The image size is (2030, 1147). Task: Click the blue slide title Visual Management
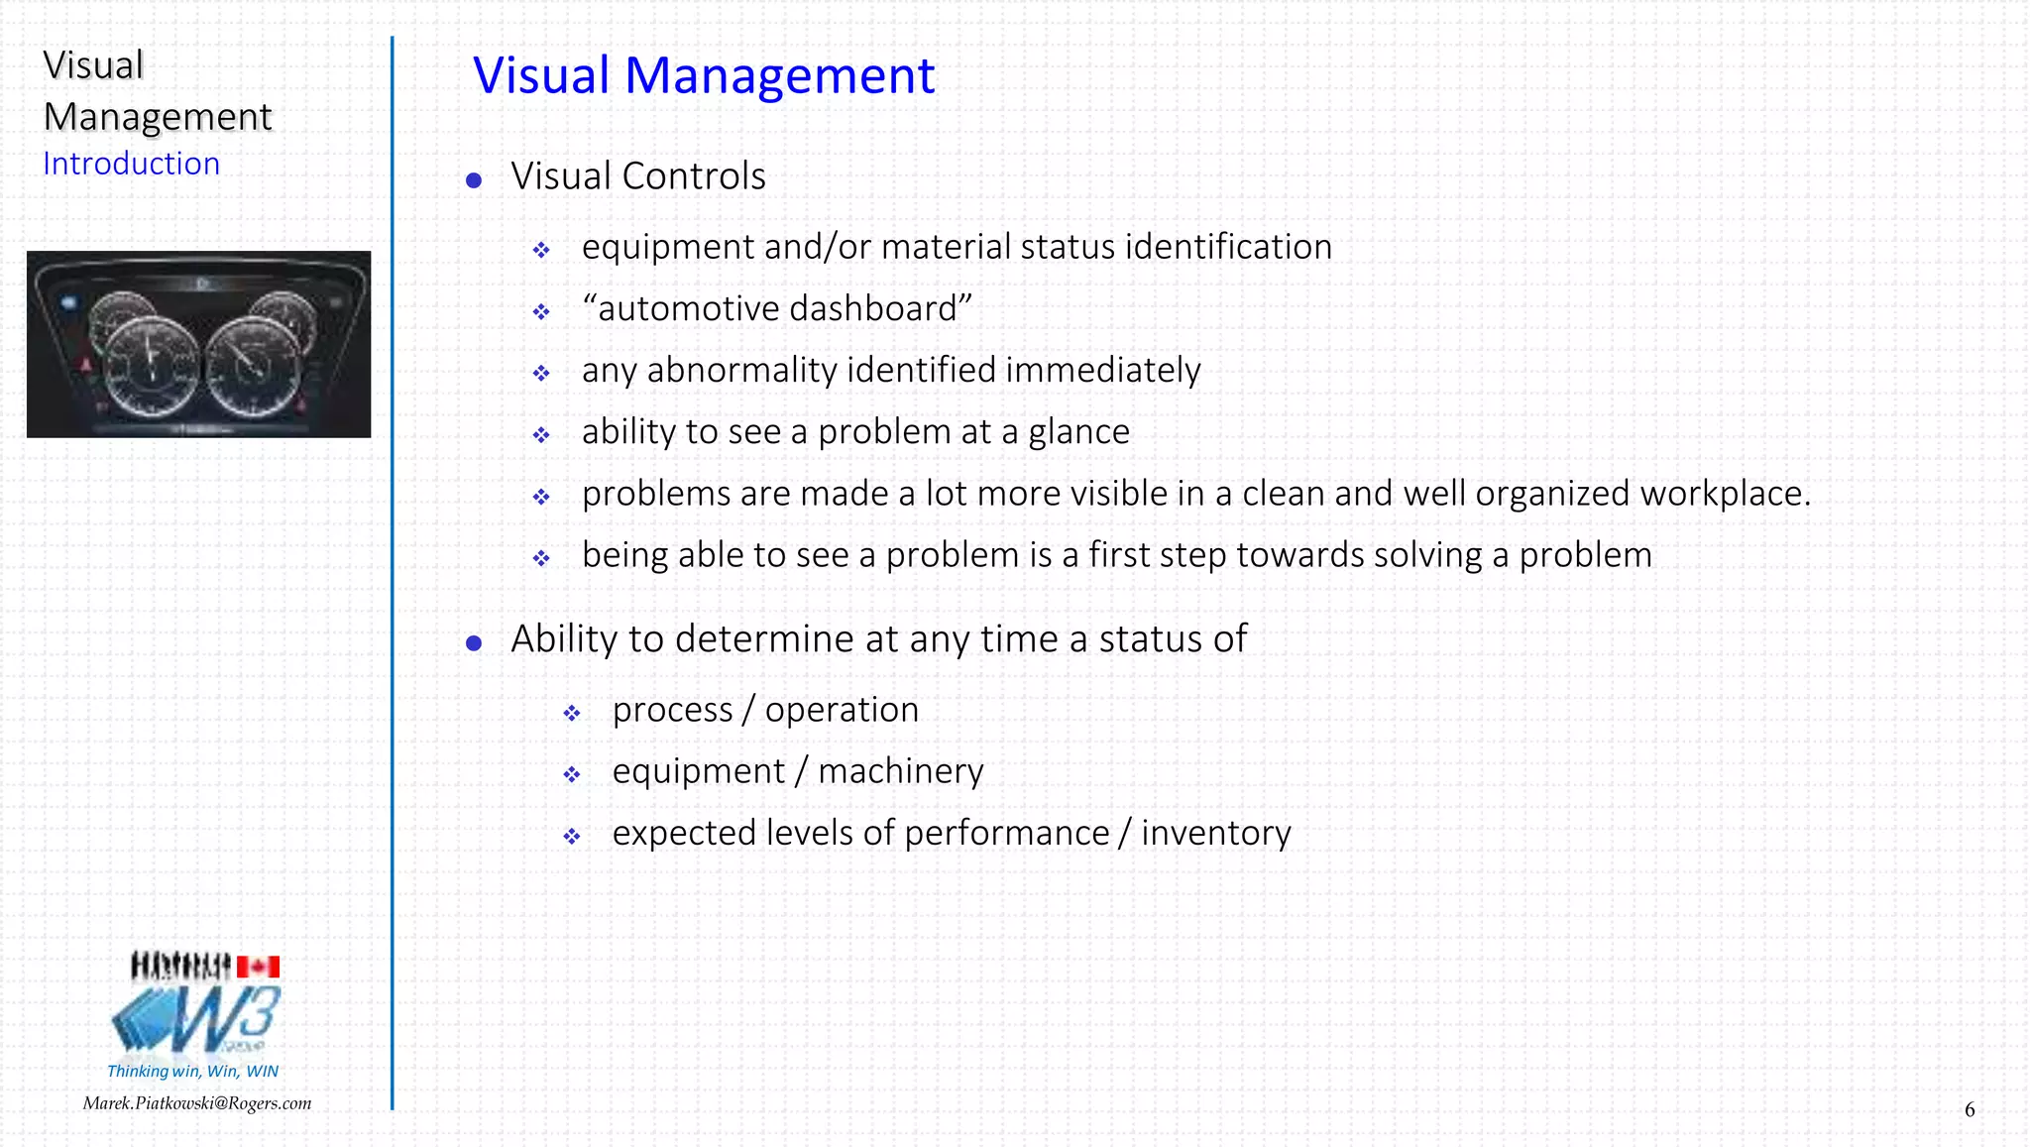pyautogui.click(x=704, y=75)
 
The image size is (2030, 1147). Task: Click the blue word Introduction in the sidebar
pyautogui.click(x=131, y=164)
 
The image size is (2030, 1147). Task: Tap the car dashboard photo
pyautogui.click(x=198, y=344)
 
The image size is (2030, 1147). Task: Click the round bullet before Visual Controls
pyautogui.click(x=474, y=180)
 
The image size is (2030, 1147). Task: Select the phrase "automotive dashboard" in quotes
pyautogui.click(x=776, y=308)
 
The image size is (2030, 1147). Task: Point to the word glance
pyautogui.click(x=1078, y=432)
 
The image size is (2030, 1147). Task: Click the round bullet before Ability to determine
pyautogui.click(x=474, y=643)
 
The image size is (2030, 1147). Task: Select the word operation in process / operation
pyautogui.click(x=842, y=710)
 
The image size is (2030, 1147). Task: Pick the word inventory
pyautogui.click(x=1215, y=833)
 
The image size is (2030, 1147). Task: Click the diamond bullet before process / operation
pyautogui.click(x=572, y=713)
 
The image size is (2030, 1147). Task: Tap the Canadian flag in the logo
pyautogui.click(x=258, y=967)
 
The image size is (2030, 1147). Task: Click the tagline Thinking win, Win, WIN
pyautogui.click(x=192, y=1072)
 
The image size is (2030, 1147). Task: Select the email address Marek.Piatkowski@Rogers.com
pyautogui.click(x=197, y=1103)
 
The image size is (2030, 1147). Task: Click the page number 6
pyautogui.click(x=1970, y=1110)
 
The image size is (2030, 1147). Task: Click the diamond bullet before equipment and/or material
pyautogui.click(x=541, y=250)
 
